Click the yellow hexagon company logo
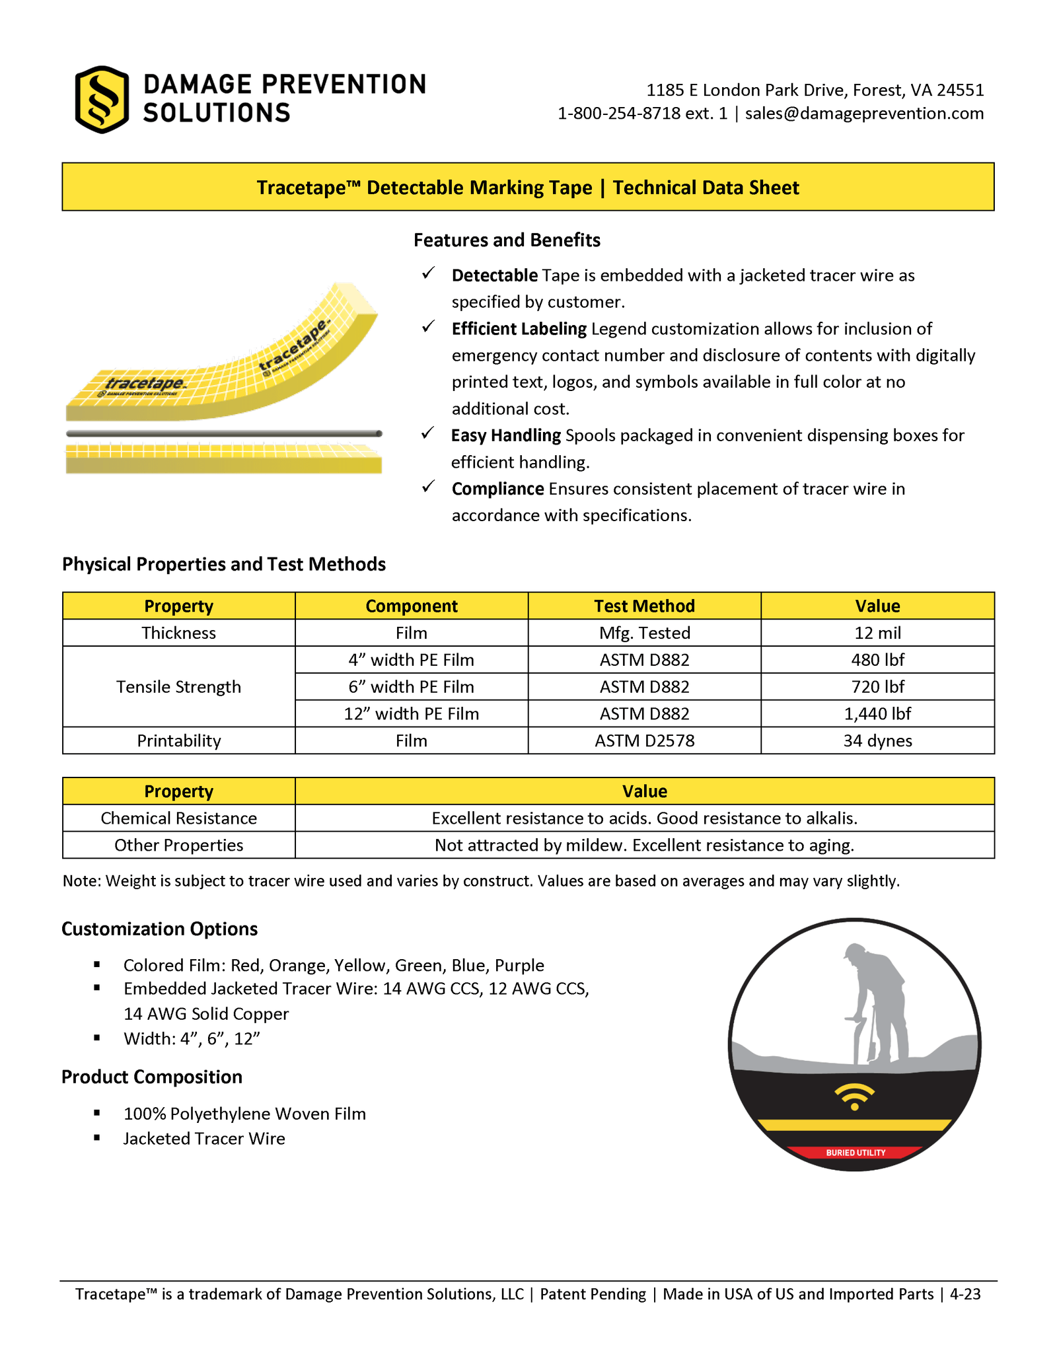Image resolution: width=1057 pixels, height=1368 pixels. pos(101,100)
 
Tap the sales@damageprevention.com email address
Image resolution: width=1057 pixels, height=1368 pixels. pos(864,114)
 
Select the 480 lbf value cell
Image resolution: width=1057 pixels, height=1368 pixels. pos(877,660)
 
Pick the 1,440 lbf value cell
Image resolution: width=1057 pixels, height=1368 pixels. pos(877,714)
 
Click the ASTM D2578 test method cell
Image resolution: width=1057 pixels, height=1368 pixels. pos(644,741)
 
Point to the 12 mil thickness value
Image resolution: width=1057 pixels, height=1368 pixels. pos(877,633)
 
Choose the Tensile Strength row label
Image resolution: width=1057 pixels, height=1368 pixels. pos(178,687)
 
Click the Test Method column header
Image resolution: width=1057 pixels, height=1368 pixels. pos(644,606)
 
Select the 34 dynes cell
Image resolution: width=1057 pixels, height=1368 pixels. pos(877,741)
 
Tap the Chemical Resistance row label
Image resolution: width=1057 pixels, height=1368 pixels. pos(178,818)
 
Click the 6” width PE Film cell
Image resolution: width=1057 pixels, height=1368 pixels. pos(411,687)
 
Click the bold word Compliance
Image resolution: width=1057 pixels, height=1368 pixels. pos(497,489)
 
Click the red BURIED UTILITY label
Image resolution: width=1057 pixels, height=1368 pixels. pos(856,1153)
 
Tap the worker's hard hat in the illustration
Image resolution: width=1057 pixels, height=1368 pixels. pos(854,952)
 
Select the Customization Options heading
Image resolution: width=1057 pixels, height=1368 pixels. pos(159,929)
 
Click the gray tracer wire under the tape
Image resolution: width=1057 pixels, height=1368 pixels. pos(223,434)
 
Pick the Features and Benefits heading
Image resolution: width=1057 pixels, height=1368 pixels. pos(507,240)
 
